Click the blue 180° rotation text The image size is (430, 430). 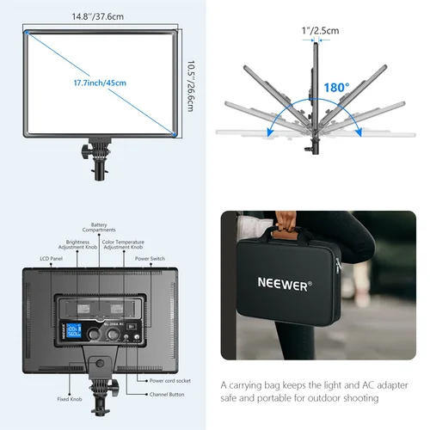coord(336,87)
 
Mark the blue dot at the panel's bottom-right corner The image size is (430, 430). coord(176,133)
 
